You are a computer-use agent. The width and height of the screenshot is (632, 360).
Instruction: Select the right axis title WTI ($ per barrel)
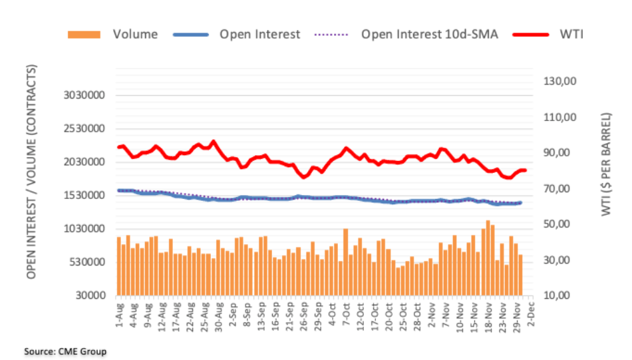pos(606,172)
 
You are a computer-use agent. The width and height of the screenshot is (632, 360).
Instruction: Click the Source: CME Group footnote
pos(65,351)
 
